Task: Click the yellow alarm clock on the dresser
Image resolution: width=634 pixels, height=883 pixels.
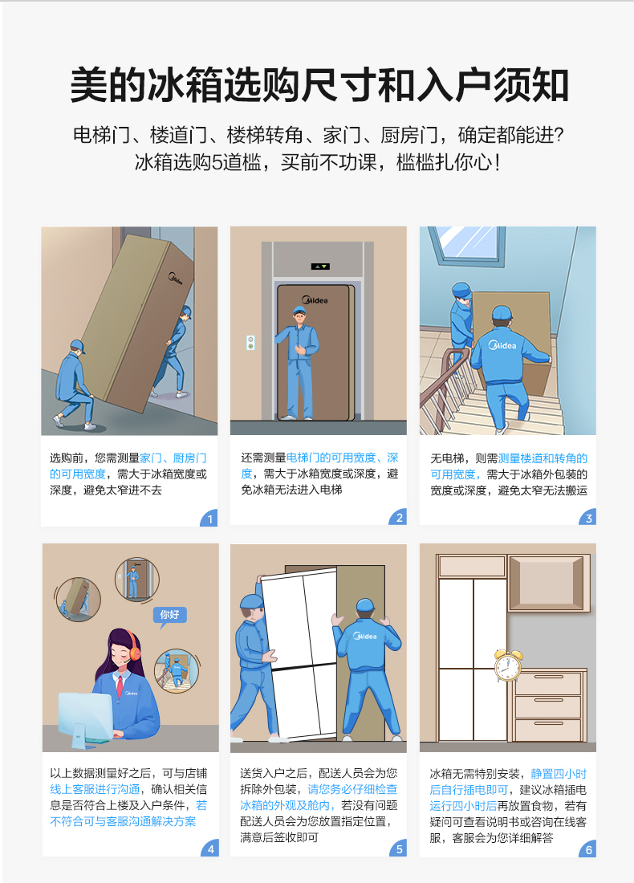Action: [508, 665]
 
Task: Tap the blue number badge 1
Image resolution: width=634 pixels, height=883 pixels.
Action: [209, 518]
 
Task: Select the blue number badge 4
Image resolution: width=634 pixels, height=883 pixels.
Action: [210, 848]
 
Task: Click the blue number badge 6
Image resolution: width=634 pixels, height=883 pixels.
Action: [587, 848]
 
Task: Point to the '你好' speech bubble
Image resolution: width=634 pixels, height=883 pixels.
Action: [169, 616]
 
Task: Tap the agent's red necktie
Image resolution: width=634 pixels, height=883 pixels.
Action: [120, 686]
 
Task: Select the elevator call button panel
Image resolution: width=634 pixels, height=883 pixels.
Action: [250, 343]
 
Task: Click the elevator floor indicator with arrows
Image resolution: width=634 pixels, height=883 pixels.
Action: [320, 267]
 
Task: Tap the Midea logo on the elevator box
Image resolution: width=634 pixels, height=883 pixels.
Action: [315, 300]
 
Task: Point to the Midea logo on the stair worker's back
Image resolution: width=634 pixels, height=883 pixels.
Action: [502, 344]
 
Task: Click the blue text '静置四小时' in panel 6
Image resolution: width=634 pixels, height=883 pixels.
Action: [559, 774]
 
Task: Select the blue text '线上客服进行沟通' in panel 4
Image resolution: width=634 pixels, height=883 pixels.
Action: [95, 790]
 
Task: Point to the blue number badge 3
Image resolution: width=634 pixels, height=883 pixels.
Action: [587, 518]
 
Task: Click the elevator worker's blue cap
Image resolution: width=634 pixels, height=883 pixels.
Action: [300, 310]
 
